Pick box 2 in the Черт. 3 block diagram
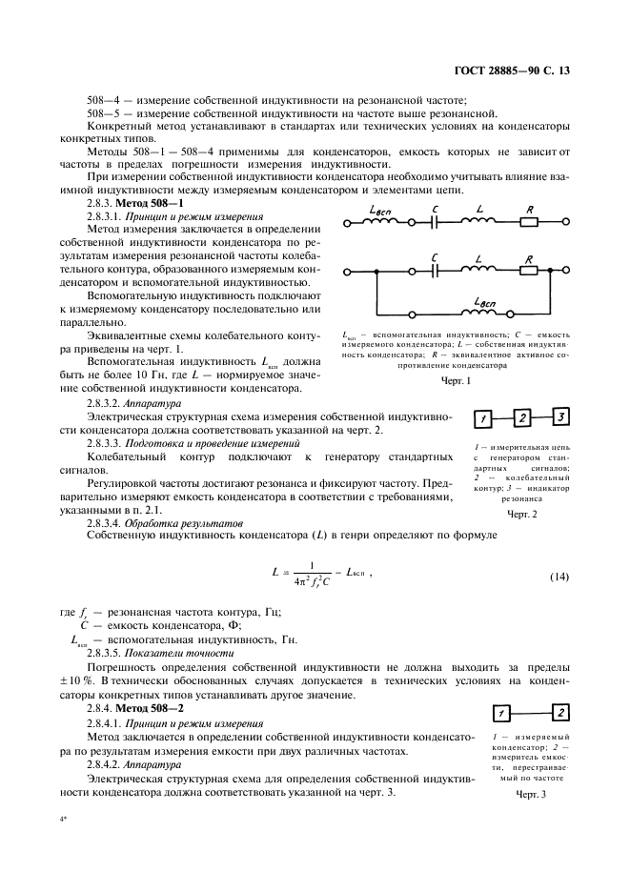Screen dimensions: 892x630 [x=560, y=712]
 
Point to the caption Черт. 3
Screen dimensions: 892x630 [x=530, y=794]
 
